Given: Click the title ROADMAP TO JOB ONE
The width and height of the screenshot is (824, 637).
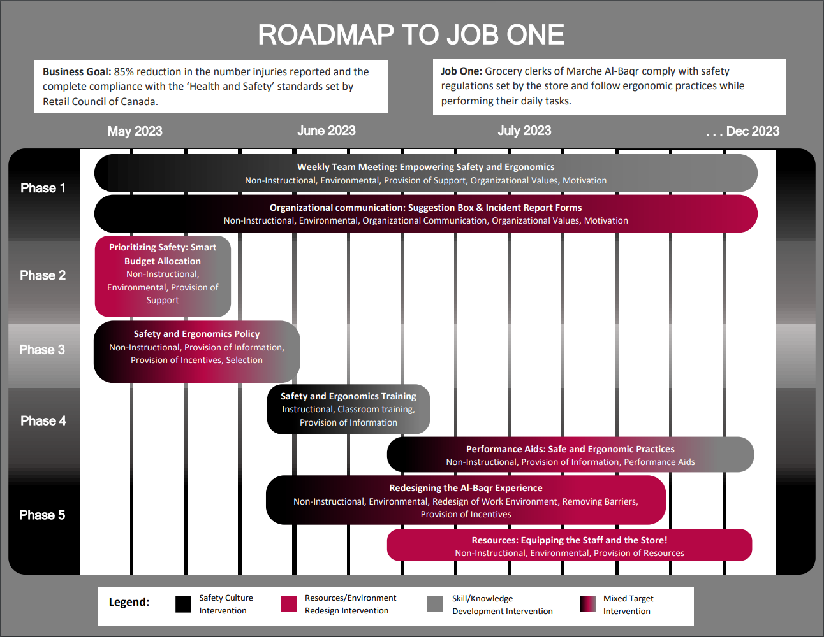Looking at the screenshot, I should pyautogui.click(x=411, y=35).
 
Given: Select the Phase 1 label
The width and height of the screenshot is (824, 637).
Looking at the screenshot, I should pyautogui.click(x=43, y=188).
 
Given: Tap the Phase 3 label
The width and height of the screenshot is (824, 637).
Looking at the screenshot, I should pyautogui.click(x=42, y=350).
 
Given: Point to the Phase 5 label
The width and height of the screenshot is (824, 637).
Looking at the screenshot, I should pyautogui.click(x=42, y=515).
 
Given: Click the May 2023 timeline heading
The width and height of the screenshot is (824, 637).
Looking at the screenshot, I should pyautogui.click(x=135, y=131).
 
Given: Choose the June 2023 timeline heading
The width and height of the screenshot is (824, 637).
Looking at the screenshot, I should pyautogui.click(x=326, y=131).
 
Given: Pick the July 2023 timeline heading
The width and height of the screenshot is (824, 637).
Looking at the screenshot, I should pyautogui.click(x=524, y=131).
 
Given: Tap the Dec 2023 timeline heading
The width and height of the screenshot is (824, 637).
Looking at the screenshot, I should pyautogui.click(x=743, y=131).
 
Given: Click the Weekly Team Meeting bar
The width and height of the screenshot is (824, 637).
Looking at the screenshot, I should pyautogui.click(x=425, y=173).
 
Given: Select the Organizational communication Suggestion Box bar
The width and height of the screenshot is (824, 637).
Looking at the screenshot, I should pyautogui.click(x=425, y=214).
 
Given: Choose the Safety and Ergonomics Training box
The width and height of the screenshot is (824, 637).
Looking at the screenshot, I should pyautogui.click(x=348, y=409).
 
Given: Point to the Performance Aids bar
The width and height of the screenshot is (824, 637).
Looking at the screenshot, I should pyautogui.click(x=570, y=455).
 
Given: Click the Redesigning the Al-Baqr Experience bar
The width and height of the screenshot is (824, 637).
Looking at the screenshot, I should pyautogui.click(x=466, y=501).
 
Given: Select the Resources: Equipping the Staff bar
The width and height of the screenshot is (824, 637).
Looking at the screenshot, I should pyautogui.click(x=569, y=546).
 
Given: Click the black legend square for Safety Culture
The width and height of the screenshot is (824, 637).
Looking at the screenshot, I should pyautogui.click(x=184, y=604).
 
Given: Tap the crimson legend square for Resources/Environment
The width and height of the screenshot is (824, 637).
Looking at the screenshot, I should pyautogui.click(x=290, y=604).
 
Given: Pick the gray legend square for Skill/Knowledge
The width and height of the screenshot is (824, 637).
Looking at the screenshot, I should pyautogui.click(x=436, y=604).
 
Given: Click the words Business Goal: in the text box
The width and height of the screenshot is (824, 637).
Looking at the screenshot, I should pyautogui.click(x=77, y=72).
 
